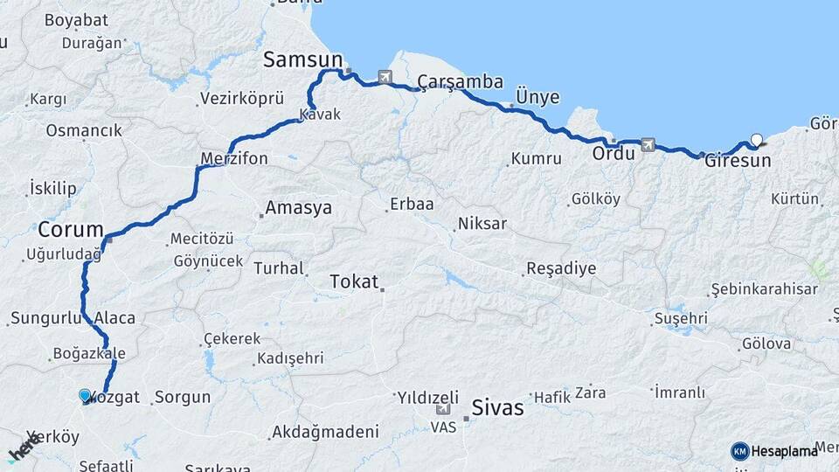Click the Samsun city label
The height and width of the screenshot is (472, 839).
(x=302, y=59)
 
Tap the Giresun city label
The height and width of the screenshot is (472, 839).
(x=738, y=161)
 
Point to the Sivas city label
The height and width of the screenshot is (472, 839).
(x=497, y=406)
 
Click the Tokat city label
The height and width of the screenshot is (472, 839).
(x=354, y=281)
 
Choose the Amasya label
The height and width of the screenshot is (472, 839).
(x=298, y=208)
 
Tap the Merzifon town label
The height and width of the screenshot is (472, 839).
(x=233, y=158)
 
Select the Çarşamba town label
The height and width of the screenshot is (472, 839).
(x=460, y=82)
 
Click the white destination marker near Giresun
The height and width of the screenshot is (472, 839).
(x=757, y=138)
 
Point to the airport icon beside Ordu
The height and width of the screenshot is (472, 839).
(x=648, y=144)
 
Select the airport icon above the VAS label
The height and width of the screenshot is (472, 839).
(x=443, y=409)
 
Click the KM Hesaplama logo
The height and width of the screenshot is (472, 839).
(x=774, y=451)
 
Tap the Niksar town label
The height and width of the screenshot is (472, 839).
(x=482, y=224)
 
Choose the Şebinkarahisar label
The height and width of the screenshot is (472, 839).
(x=764, y=289)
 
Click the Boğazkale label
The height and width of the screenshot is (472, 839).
(x=89, y=354)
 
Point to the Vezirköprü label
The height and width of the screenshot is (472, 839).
(x=231, y=99)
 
